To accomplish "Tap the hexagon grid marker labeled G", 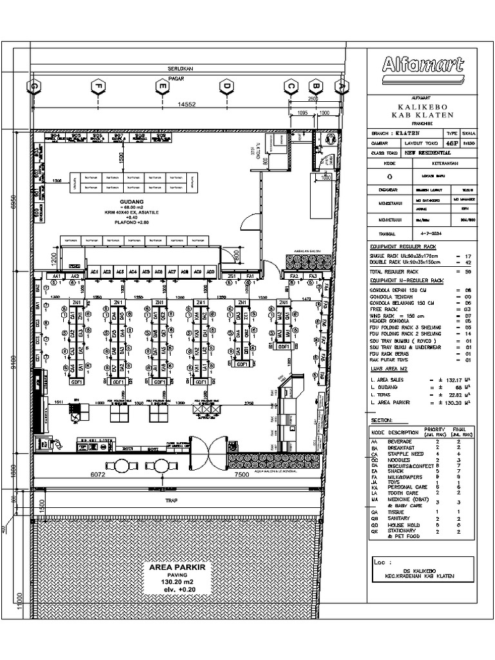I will pos(33,86).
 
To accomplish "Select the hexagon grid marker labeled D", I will pos(226,86).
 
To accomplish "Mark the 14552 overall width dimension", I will pos(187,104).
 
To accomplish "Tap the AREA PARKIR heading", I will pos(177,567).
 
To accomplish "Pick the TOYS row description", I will pos(395,481).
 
